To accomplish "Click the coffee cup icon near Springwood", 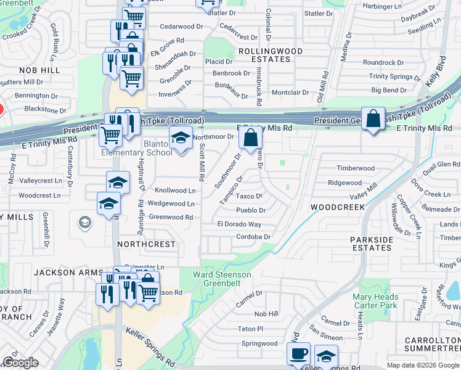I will click(x=299, y=354).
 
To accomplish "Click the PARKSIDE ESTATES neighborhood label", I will click(x=372, y=244).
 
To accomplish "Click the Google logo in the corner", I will click(x=20, y=363).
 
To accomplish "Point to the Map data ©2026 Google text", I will click(x=423, y=365).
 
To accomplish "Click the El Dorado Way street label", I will click(x=239, y=224).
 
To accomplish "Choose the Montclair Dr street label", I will click(x=290, y=92).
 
